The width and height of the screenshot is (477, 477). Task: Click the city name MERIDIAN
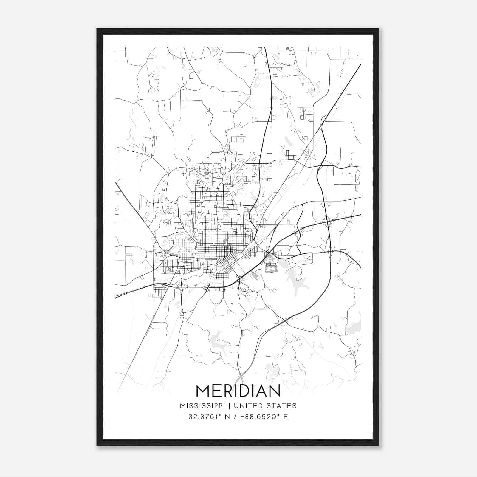pos(238,391)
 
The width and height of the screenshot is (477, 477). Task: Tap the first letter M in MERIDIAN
pos(202,391)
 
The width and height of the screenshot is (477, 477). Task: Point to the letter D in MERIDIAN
pos(248,391)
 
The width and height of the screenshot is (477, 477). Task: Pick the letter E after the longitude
pos(286,417)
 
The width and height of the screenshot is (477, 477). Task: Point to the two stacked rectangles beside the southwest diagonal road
pos(159,329)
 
